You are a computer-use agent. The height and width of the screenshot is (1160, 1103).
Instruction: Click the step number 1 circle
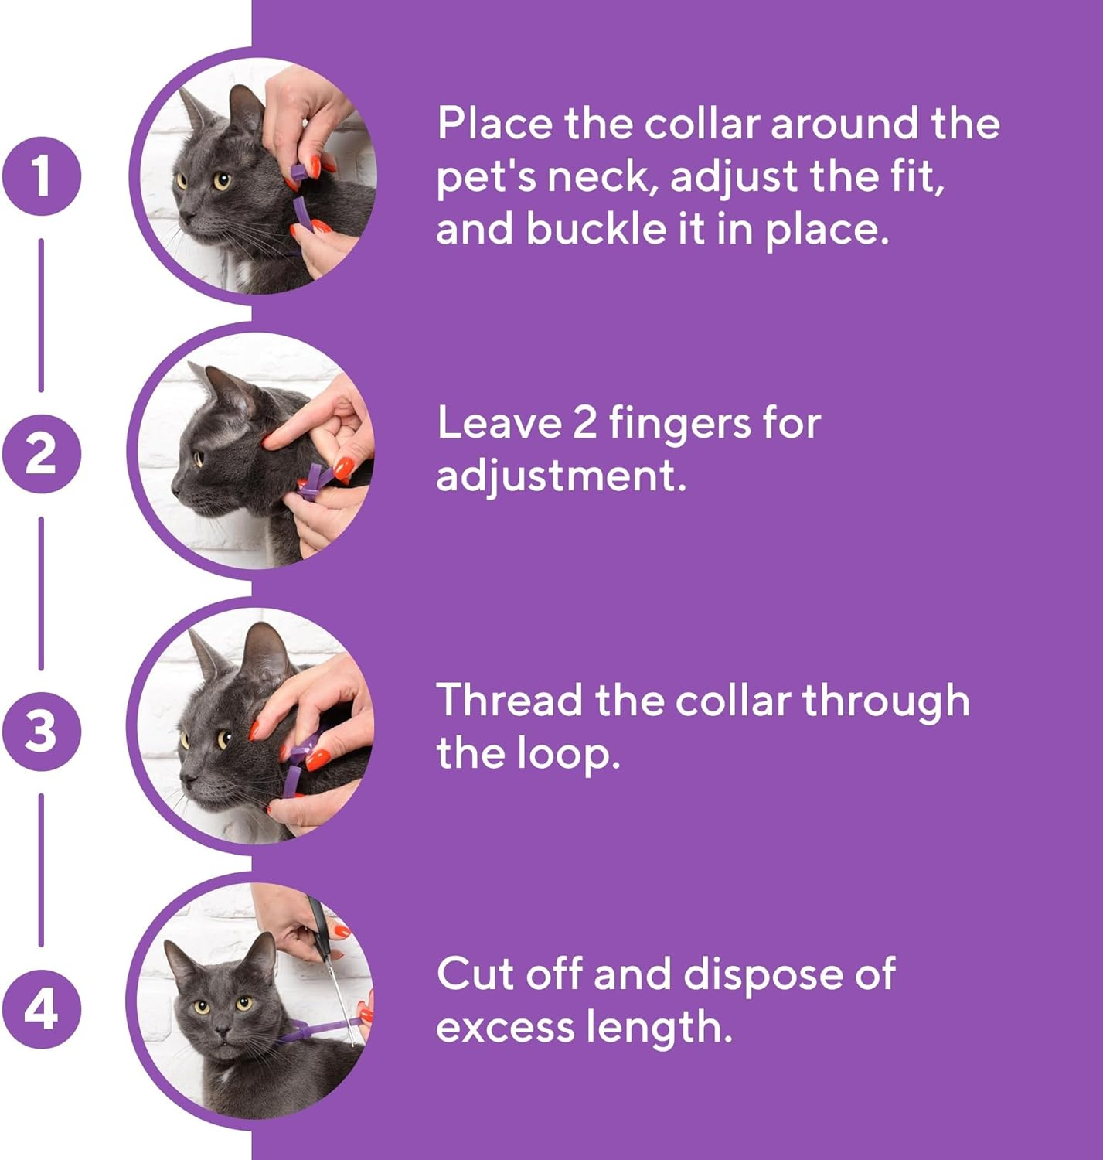tap(41, 176)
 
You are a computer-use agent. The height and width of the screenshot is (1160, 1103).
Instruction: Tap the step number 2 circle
tap(41, 454)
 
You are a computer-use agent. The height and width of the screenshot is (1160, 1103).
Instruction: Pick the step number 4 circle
tap(41, 1008)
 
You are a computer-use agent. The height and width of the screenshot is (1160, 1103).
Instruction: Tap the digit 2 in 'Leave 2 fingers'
tap(584, 423)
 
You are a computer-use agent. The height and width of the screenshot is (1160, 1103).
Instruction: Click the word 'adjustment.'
tap(561, 476)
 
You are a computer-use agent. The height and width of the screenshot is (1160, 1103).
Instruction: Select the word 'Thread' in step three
tap(509, 701)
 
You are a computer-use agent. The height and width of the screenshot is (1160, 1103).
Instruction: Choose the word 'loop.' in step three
tap(569, 754)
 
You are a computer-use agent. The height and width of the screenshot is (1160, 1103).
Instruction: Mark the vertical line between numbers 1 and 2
tap(41, 315)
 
